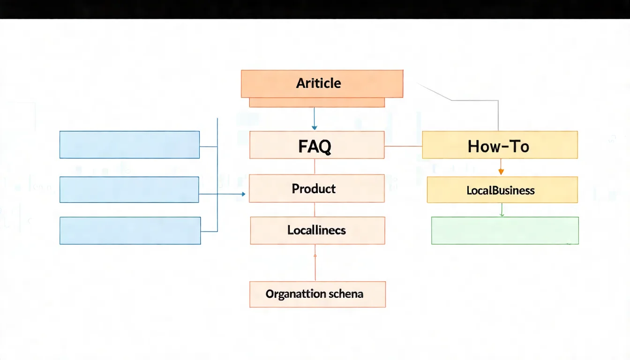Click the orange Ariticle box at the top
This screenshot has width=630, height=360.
[x=322, y=83]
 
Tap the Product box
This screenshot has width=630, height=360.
[x=316, y=188]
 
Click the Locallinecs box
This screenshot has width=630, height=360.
[x=317, y=230]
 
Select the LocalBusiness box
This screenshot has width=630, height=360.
[x=502, y=190]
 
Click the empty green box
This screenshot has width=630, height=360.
[x=504, y=230]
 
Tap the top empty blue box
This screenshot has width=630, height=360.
[x=129, y=144]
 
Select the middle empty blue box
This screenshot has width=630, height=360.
[x=129, y=189]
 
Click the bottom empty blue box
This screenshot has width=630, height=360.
[x=130, y=230]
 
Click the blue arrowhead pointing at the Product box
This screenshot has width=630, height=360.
[x=243, y=194]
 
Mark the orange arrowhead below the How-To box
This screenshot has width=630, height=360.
[x=501, y=172]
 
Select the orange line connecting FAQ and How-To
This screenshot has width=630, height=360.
[x=403, y=146]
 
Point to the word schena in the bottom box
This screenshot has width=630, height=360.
[x=346, y=294]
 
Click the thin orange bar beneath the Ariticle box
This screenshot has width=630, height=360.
[x=316, y=103]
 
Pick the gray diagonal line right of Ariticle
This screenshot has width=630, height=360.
[x=434, y=92]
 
